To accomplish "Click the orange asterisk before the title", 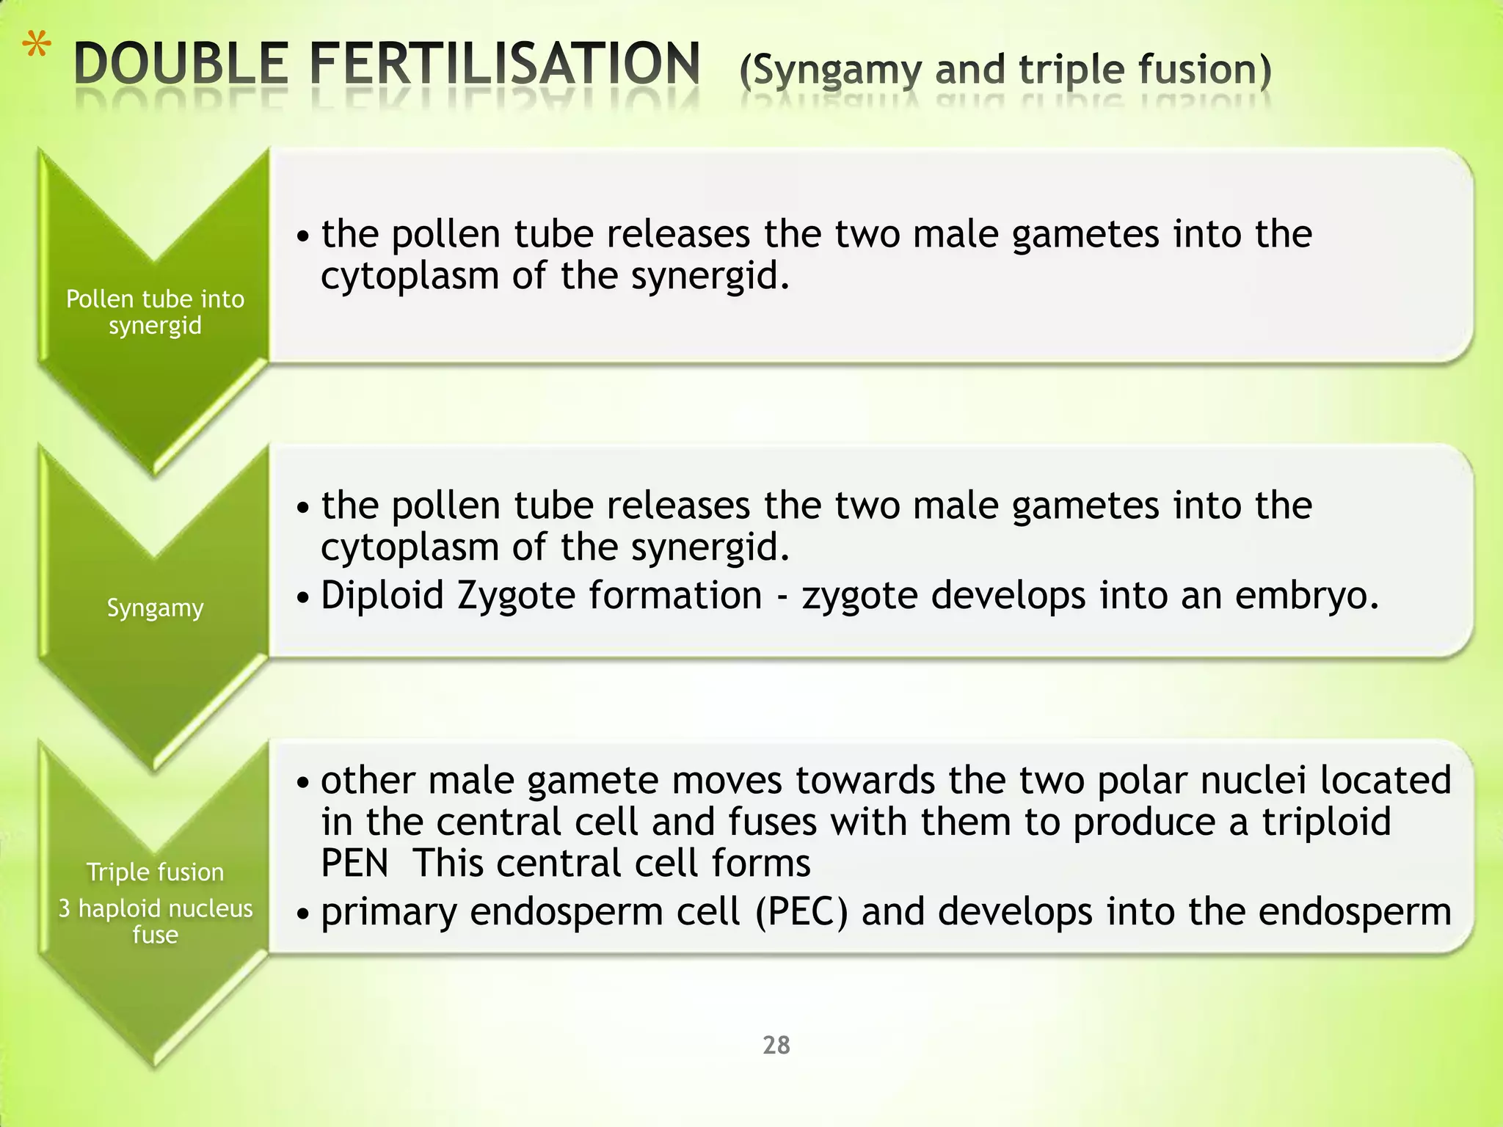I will pyautogui.click(x=36, y=48).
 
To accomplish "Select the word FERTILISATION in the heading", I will pyautogui.click(x=504, y=64).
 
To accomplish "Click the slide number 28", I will pyautogui.click(x=776, y=1045).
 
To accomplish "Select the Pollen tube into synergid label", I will pyautogui.click(x=155, y=312).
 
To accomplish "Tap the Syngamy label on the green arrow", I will pyautogui.click(x=155, y=608).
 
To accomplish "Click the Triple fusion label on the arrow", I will pyautogui.click(x=155, y=872).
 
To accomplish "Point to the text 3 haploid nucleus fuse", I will pyautogui.click(x=155, y=921).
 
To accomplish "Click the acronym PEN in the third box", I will pyautogui.click(x=354, y=864).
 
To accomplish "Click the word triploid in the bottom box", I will pyautogui.click(x=1326, y=822).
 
